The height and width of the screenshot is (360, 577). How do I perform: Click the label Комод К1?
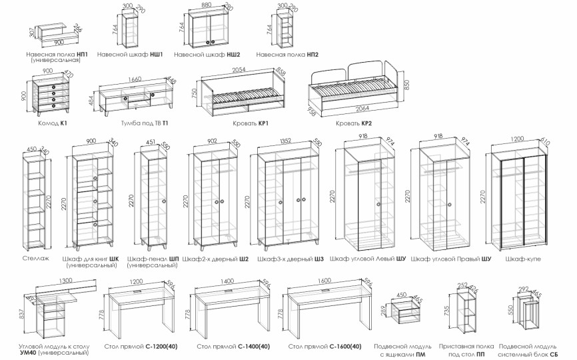click(52, 124)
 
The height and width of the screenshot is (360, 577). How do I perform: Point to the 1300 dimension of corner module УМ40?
click(65, 280)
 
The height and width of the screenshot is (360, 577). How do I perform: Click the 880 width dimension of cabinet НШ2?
click(206, 5)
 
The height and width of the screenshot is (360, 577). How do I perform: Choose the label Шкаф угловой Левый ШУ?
click(368, 258)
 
